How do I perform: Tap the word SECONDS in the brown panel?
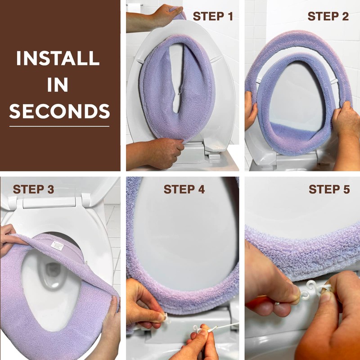(x=60, y=111)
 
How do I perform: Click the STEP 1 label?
(x=213, y=17)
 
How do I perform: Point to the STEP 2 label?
(x=328, y=17)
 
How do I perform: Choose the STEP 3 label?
(x=33, y=189)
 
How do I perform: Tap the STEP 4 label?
(x=184, y=189)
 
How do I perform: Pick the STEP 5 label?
(x=329, y=189)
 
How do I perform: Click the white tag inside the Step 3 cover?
(x=57, y=246)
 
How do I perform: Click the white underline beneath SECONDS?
(x=60, y=126)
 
